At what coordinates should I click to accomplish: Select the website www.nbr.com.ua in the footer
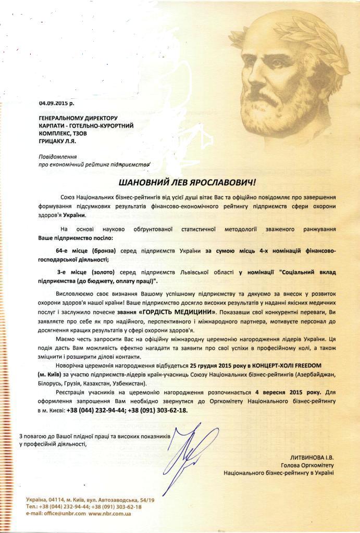click(109, 513)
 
